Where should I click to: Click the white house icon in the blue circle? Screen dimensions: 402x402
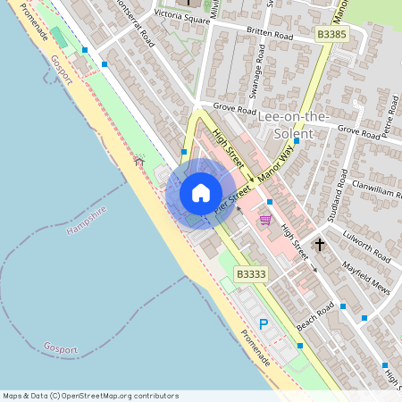tap(201, 193)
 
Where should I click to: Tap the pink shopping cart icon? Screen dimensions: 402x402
tap(265, 220)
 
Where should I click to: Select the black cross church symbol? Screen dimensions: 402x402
tap(320, 244)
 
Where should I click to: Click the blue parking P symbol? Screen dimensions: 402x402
tap(264, 324)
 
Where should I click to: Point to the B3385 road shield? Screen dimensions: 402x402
tap(331, 34)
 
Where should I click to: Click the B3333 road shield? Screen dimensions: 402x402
tap(251, 274)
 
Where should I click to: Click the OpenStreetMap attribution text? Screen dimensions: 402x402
tap(91, 395)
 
